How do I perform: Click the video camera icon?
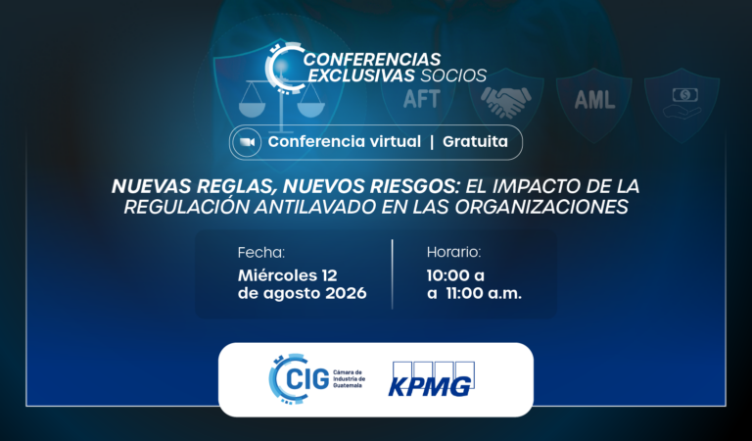[247, 142]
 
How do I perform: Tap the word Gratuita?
[475, 141]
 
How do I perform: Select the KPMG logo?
[431, 379]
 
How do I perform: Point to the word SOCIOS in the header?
[453, 75]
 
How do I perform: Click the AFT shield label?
[422, 99]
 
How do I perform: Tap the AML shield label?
[594, 99]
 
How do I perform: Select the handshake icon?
[505, 102]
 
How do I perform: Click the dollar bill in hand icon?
[682, 103]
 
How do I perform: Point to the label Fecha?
[261, 253]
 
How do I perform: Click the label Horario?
[453, 253]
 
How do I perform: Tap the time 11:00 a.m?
[484, 293]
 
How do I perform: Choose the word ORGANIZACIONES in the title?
[541, 207]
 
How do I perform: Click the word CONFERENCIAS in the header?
[372, 60]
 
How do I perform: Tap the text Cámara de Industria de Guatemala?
[350, 379]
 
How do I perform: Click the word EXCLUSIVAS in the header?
[360, 75]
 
